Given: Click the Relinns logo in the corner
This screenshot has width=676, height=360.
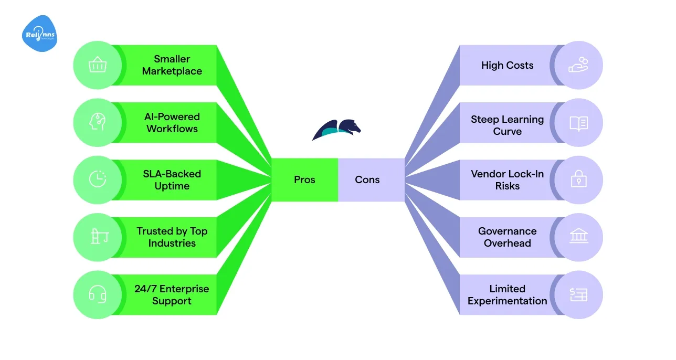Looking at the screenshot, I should pyautogui.click(x=40, y=34).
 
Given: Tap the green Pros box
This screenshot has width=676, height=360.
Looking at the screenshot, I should pyautogui.click(x=304, y=180).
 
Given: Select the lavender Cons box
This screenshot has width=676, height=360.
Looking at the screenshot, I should pyautogui.click(x=367, y=180).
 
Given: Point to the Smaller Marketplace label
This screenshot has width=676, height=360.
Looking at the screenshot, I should pyautogui.click(x=172, y=65).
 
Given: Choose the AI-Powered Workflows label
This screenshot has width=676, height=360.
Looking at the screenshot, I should pyautogui.click(x=172, y=123).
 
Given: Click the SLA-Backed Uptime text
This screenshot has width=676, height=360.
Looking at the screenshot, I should pyautogui.click(x=172, y=180).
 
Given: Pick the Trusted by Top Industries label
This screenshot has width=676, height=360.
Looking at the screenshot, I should pyautogui.click(x=172, y=237).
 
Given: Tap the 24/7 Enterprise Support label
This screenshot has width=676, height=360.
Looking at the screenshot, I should pyautogui.click(x=172, y=295).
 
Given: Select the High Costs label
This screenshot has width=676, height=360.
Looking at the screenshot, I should pyautogui.click(x=507, y=66).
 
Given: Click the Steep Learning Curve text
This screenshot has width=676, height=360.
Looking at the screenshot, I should pyautogui.click(x=507, y=125).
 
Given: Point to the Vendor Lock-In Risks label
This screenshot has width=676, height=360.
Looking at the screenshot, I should pyautogui.click(x=507, y=180).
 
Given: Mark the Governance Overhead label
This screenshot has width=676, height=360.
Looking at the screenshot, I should pyautogui.click(x=507, y=237).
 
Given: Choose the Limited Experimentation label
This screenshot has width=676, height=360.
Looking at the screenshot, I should pyautogui.click(x=507, y=295).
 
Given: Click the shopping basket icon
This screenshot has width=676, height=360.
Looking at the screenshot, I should pyautogui.click(x=98, y=66).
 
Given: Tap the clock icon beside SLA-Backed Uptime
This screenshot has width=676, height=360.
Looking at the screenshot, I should pyautogui.click(x=98, y=180).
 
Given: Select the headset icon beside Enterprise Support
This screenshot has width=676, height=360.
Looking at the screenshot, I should pyautogui.click(x=98, y=295).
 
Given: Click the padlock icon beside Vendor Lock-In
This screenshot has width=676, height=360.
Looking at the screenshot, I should pyautogui.click(x=578, y=180).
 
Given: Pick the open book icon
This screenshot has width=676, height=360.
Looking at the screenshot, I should pyautogui.click(x=578, y=123).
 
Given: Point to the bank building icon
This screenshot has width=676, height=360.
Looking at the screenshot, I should pyautogui.click(x=578, y=237).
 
